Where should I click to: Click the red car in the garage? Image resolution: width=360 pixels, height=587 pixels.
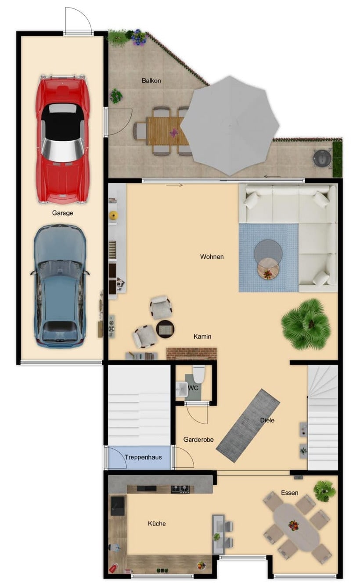(x=62, y=139)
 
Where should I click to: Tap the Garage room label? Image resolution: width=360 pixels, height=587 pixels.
(x=62, y=213)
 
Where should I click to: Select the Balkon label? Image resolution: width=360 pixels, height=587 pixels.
(x=151, y=80)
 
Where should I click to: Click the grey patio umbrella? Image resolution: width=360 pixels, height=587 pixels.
(x=230, y=125)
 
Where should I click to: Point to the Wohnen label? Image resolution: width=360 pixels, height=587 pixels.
(x=212, y=257)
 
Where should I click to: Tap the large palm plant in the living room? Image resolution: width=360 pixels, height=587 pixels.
(x=306, y=324)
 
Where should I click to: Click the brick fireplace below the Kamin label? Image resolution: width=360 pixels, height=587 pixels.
(x=192, y=354)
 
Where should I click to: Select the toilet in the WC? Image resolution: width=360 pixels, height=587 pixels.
(x=199, y=374)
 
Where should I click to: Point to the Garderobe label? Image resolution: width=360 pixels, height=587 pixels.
(x=198, y=440)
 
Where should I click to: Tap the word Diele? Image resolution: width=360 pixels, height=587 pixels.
(x=267, y=420)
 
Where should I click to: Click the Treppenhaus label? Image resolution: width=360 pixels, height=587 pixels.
(x=143, y=457)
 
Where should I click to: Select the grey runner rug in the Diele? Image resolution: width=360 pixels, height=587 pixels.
(x=248, y=426)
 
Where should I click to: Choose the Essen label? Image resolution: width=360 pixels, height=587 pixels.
(x=289, y=493)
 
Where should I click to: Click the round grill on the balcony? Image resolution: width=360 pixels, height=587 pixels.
(x=322, y=158)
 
